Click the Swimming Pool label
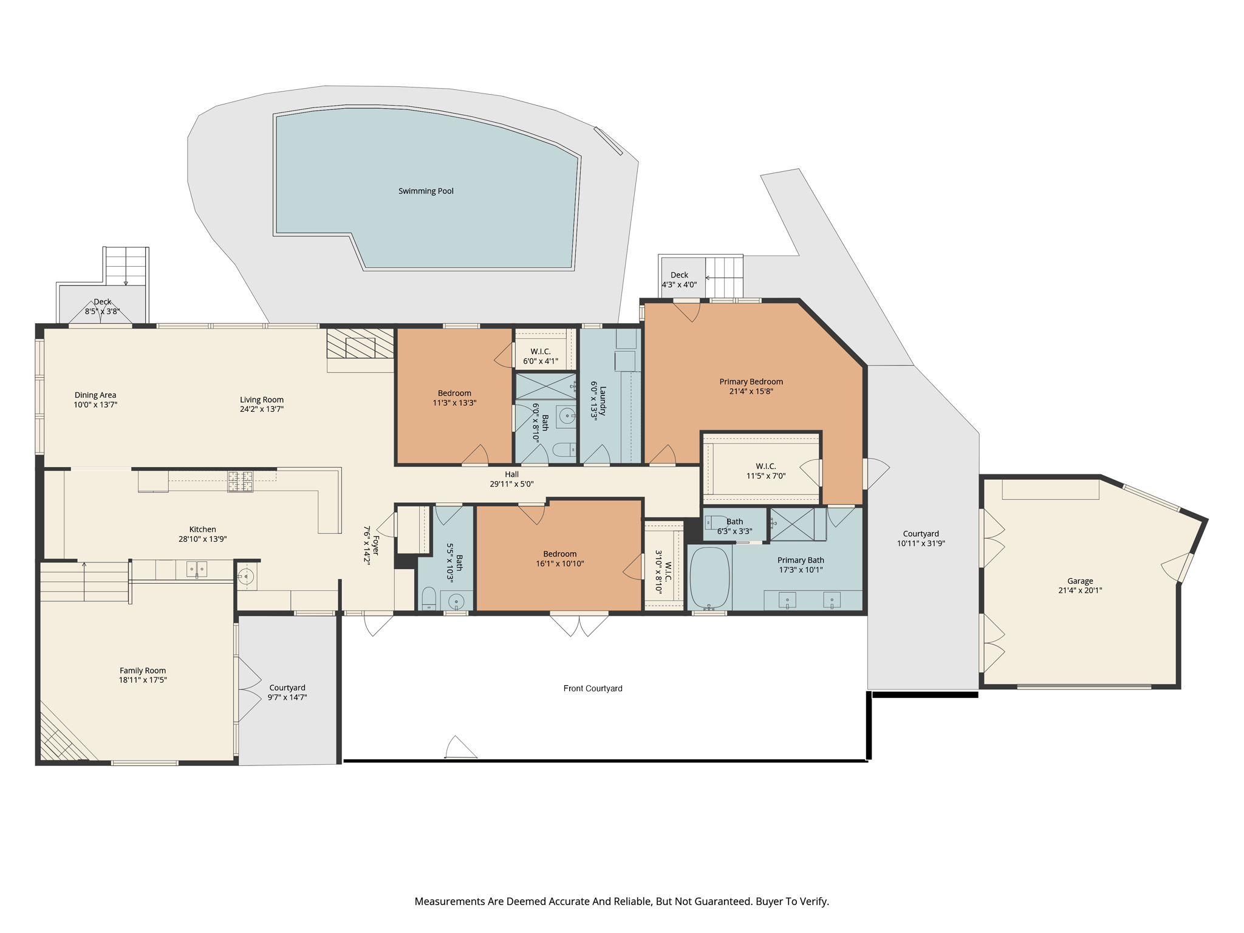tap(426, 191)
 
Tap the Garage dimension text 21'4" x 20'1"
tap(1080, 590)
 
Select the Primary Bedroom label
tap(751, 381)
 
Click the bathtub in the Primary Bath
tap(709, 578)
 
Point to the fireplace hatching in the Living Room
tap(360, 344)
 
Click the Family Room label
tap(143, 671)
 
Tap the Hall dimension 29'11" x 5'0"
tap(511, 484)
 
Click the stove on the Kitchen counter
tap(241, 481)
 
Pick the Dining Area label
tap(95, 395)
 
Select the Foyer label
tap(375, 545)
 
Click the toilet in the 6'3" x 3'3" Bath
tap(716, 522)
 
